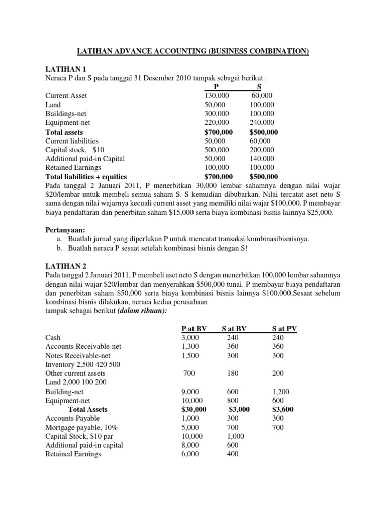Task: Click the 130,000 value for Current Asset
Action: coord(217,96)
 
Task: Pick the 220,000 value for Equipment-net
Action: coord(217,123)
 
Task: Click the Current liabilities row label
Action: coord(72,141)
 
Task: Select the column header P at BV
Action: coord(194,328)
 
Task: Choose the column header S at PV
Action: coord(284,328)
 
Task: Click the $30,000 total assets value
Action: coord(194,410)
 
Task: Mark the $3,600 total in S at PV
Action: coord(282,410)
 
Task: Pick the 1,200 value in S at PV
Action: coord(280,392)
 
